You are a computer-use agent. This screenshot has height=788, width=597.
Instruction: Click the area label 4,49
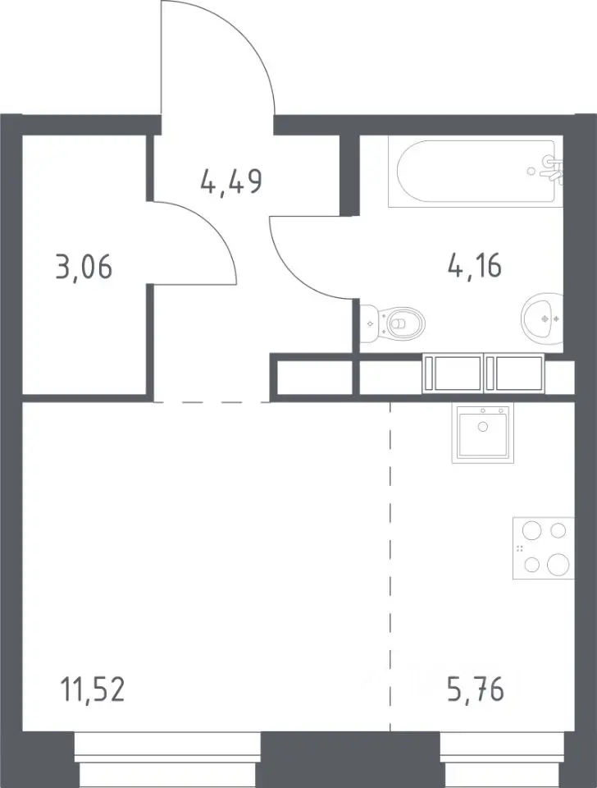click(231, 181)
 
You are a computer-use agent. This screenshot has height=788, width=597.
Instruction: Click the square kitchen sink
click(483, 433)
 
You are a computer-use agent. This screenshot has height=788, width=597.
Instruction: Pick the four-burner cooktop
click(544, 548)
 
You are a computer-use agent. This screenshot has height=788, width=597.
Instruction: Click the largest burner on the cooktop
click(558, 565)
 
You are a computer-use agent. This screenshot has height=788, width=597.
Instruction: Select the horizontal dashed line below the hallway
click(212, 402)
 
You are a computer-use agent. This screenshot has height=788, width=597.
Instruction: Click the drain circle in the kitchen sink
click(483, 427)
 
